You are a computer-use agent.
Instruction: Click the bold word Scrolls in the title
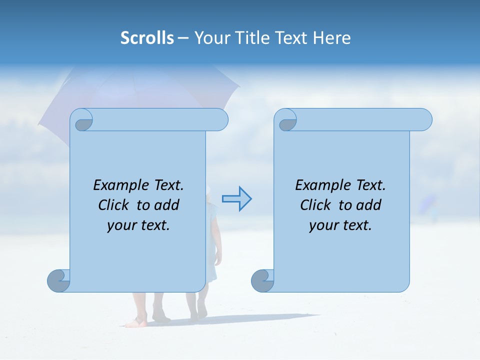147,37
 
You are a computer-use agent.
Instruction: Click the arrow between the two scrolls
236,199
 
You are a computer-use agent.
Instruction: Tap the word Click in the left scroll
114,205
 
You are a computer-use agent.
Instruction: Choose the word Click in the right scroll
316,205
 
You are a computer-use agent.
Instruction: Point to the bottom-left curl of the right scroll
263,280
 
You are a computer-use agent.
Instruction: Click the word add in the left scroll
167,205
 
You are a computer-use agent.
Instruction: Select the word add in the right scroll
369,205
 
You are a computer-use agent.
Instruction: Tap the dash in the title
183,37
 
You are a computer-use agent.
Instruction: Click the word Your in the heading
212,37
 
